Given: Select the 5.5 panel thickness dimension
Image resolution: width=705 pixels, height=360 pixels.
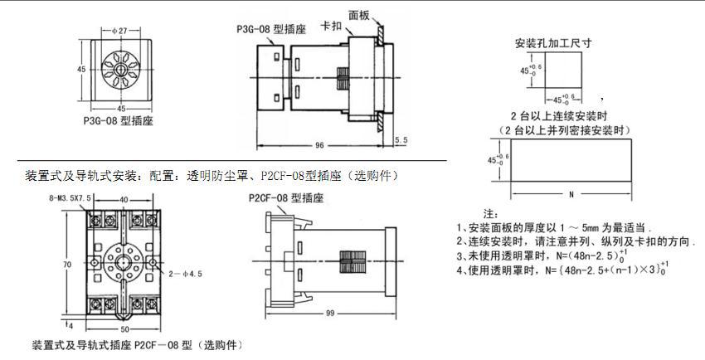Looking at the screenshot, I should click(401, 140).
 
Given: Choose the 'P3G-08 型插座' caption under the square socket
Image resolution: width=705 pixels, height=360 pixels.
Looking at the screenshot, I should click(115, 119).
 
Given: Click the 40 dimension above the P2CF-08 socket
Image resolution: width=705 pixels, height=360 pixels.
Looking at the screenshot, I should click(124, 199).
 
